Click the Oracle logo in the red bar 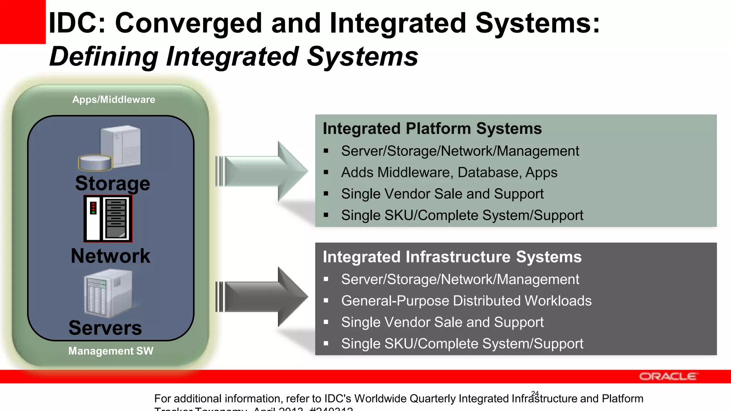[x=667, y=376]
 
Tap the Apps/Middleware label [x=114, y=100]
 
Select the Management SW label [x=111, y=351]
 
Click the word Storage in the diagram [x=112, y=183]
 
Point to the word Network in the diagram [x=110, y=256]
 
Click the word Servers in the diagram [x=105, y=328]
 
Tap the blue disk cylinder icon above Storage [x=95, y=162]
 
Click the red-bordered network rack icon [x=108, y=218]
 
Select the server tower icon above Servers [x=108, y=293]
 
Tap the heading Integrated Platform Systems [x=432, y=128]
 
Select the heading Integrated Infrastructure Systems [x=452, y=257]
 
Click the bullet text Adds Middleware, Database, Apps [x=449, y=173]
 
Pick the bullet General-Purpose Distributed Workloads [x=466, y=301]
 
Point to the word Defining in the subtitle [x=104, y=56]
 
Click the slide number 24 [x=535, y=394]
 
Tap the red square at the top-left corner [x=22, y=21]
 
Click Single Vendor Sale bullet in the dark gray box [x=442, y=322]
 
